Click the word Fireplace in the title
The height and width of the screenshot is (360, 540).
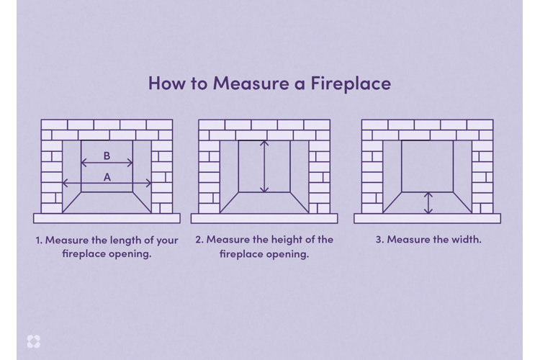351,83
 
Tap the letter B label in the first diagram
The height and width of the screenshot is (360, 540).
107,155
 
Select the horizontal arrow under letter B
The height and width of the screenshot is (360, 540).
107,165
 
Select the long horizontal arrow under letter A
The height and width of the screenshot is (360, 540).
107,184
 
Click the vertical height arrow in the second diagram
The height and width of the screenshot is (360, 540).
264,166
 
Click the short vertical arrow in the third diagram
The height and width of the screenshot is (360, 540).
428,202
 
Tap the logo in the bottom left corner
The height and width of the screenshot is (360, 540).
32,341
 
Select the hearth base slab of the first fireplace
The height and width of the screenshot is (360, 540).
107,218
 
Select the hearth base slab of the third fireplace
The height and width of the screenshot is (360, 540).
427,218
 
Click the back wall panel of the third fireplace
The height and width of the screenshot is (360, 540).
427,166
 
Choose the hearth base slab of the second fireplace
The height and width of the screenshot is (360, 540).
264,218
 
